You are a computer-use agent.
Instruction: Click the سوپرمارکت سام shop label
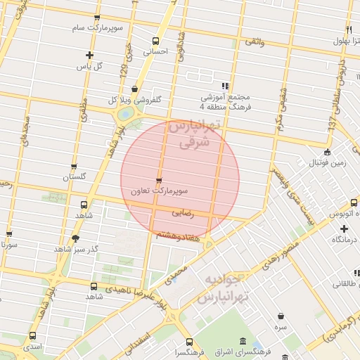pyautogui.click(x=96, y=28)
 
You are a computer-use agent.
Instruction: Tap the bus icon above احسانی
pyautogui.click(x=155, y=40)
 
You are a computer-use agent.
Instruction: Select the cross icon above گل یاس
pyautogui.click(x=89, y=55)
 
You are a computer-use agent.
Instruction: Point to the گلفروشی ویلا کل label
pyautogui.click(x=134, y=99)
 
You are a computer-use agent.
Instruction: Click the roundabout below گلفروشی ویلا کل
pyautogui.click(x=124, y=112)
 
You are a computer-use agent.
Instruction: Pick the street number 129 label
pyautogui.click(x=124, y=69)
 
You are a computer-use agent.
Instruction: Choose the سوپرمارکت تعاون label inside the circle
pyautogui.click(x=163, y=191)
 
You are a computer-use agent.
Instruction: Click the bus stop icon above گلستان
pyautogui.click(x=74, y=167)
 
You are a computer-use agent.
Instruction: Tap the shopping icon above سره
pyautogui.click(x=281, y=316)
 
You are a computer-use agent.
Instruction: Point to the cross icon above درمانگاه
pyautogui.click(x=344, y=229)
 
